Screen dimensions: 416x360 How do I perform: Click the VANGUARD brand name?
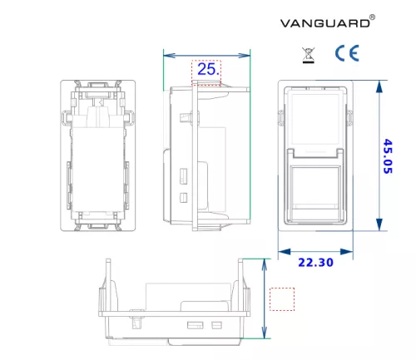[x=324, y=23]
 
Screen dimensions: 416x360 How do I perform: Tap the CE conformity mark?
[x=347, y=53]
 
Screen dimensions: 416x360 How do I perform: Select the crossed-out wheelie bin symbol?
[x=308, y=55]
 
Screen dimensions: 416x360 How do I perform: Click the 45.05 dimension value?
[x=388, y=156]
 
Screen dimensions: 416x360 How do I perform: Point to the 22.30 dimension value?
[x=315, y=263]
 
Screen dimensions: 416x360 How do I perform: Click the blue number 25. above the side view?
[x=209, y=69]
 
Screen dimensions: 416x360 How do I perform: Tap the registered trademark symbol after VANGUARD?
[x=373, y=17]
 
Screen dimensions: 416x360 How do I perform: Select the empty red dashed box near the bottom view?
[x=282, y=299]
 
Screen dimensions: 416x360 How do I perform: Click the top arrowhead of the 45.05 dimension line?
[x=379, y=86]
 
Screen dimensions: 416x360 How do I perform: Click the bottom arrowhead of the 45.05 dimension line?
[x=379, y=224]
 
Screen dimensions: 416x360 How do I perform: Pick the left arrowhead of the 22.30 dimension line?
[x=285, y=252]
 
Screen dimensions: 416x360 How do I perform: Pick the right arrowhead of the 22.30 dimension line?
[x=347, y=252]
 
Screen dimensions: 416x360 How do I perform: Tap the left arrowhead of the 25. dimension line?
[x=170, y=56]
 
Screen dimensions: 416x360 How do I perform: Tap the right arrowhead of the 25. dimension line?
[x=244, y=56]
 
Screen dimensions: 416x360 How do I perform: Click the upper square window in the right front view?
[x=315, y=119]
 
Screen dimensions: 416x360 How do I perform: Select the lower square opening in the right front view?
[x=315, y=188]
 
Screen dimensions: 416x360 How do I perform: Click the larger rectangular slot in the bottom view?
[x=196, y=325]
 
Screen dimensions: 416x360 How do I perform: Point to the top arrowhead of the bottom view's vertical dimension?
[x=265, y=265]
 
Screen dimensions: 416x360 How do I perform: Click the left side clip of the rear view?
[x=66, y=117]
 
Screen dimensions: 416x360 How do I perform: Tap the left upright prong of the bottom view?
[x=108, y=285]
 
